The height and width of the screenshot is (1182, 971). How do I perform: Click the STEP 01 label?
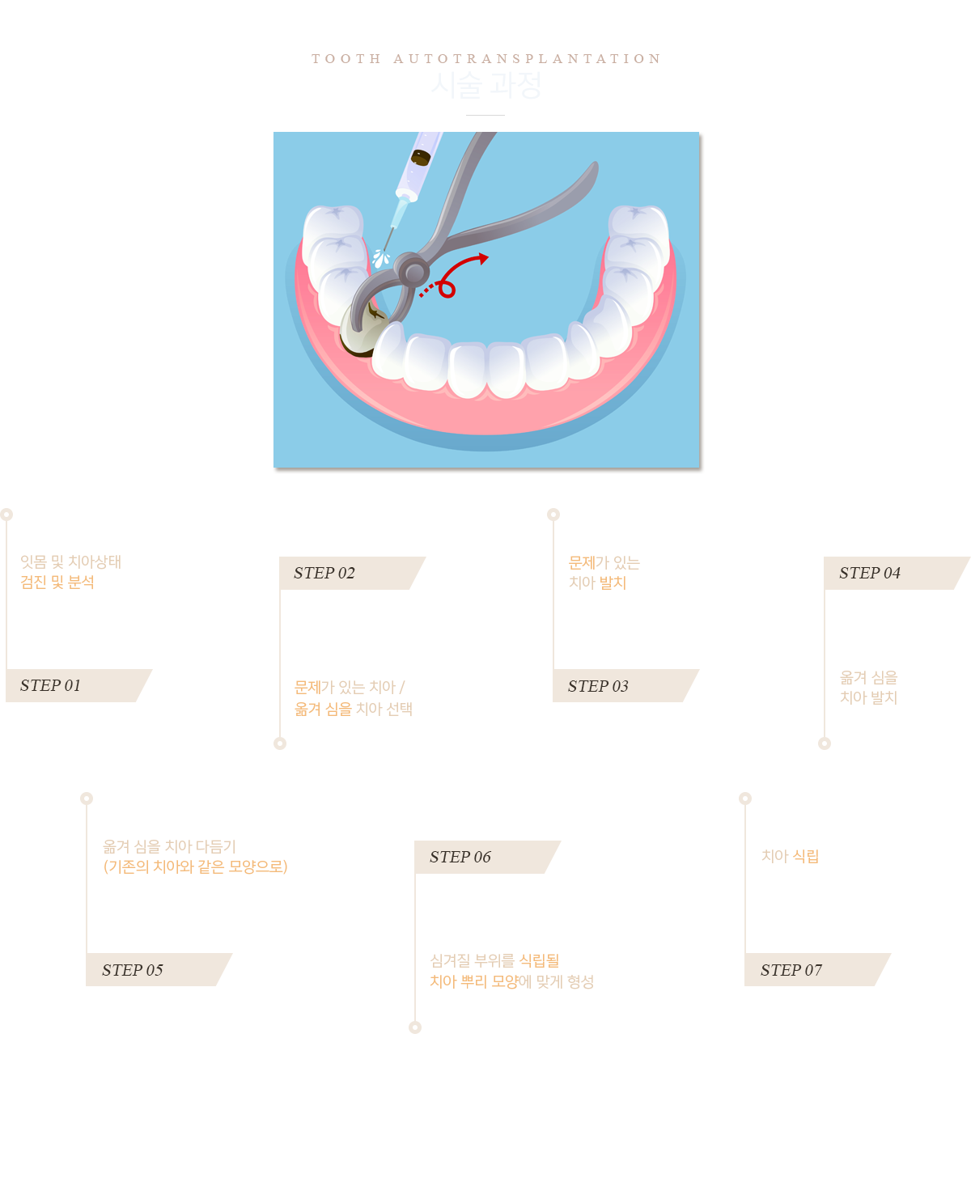50,685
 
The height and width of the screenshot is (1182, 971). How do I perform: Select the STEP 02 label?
324,573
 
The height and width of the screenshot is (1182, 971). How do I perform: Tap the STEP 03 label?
598,686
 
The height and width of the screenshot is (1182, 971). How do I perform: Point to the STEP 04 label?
870,573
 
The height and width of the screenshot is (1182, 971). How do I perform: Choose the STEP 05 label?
133,970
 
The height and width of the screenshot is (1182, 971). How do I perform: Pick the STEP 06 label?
460,857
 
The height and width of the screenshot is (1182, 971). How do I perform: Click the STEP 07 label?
791,970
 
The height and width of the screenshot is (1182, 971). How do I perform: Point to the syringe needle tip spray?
381,258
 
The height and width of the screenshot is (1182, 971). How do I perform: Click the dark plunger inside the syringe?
420,157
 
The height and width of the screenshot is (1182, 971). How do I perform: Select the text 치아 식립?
791,856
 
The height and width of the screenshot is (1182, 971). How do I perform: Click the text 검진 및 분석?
57,582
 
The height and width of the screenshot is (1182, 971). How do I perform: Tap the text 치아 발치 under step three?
598,583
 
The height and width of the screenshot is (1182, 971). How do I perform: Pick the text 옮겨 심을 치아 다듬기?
170,846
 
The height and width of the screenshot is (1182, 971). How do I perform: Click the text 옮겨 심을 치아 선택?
353,709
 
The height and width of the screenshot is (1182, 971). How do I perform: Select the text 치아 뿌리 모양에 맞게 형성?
511,981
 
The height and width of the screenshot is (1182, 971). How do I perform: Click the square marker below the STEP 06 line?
414,1027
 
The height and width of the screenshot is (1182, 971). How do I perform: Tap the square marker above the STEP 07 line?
744,798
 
